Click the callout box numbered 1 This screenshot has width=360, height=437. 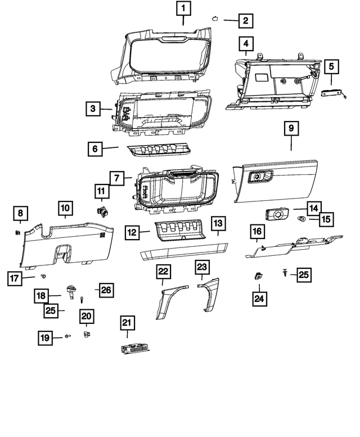coord(184,8)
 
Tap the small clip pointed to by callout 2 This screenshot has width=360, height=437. coord(215,19)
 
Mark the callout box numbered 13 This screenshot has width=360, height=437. coord(218,223)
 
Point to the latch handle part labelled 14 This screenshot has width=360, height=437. coord(276,215)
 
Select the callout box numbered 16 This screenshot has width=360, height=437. coord(256,232)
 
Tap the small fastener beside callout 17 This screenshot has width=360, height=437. coord(43,276)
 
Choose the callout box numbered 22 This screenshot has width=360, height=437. coord(163,272)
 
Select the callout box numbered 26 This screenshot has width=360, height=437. coord(106,290)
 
